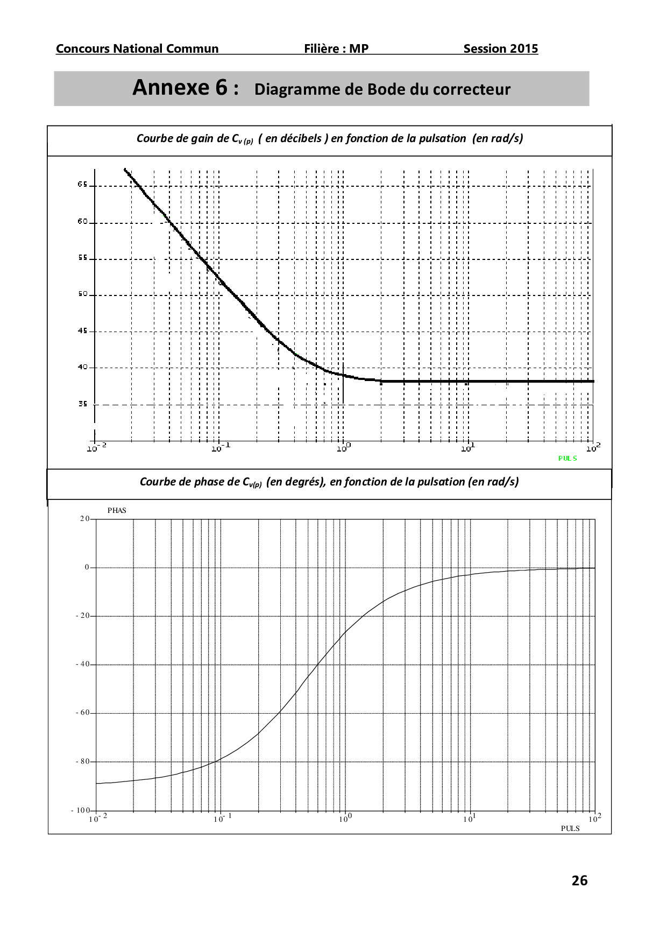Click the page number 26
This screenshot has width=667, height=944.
[x=579, y=881]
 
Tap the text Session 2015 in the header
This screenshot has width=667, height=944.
[x=500, y=49]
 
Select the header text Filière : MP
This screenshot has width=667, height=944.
[x=336, y=49]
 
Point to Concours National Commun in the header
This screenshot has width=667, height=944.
[x=137, y=49]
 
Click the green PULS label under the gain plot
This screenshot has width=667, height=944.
[x=567, y=458]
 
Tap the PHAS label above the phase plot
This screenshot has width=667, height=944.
[x=117, y=510]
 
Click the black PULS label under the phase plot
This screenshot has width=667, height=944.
[x=570, y=828]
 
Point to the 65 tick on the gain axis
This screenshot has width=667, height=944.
[x=82, y=185]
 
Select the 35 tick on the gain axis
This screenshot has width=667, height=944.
[x=82, y=404]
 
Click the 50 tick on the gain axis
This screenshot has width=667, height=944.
[x=82, y=294]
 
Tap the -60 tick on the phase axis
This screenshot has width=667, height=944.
[x=83, y=713]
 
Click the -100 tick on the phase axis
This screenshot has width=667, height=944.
[x=81, y=810]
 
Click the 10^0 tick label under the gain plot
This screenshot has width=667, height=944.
[x=344, y=447]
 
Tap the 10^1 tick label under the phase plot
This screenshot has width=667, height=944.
[x=469, y=819]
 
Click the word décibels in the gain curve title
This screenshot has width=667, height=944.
[x=299, y=138]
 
